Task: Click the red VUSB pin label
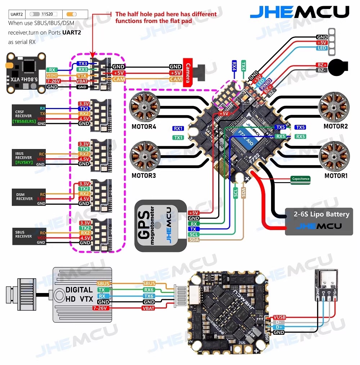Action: (279, 317)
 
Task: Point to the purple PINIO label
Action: (266, 85)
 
